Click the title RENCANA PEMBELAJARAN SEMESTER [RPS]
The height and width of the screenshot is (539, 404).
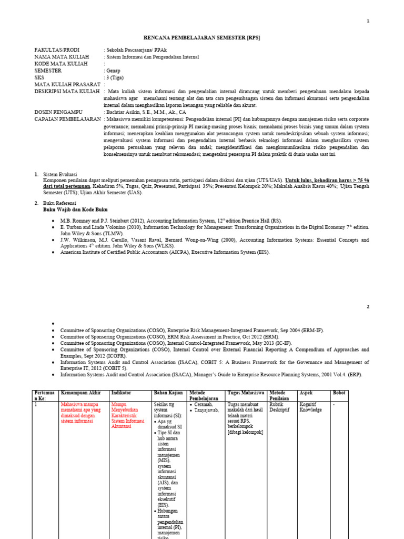pos(202,38)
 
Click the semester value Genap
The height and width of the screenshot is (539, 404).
pos(113,70)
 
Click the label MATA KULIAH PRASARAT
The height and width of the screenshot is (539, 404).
pos(67,84)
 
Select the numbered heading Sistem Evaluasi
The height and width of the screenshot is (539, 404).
pos(60,174)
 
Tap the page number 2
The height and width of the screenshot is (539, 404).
pos(368,306)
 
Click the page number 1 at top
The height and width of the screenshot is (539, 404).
pos(368,21)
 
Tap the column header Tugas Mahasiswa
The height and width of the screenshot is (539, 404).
pos(246,393)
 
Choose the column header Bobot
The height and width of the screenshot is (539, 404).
pos(339,393)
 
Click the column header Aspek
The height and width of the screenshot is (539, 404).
pos(306,393)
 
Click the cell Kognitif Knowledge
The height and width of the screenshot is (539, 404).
pos(310,407)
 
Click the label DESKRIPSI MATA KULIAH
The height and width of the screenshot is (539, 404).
pos(67,92)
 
